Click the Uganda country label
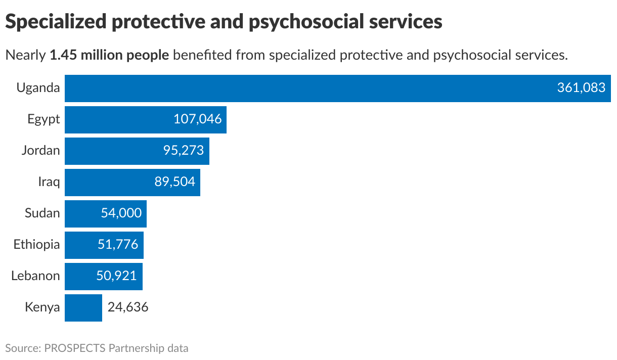point(38,88)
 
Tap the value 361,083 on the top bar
point(581,88)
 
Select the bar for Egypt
point(116,120)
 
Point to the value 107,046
point(197,120)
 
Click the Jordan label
point(40,151)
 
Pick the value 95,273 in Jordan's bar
point(183,151)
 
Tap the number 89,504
point(174,182)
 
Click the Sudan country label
point(42,213)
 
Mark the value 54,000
point(121,213)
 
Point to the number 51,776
point(117,245)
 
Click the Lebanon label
point(35,276)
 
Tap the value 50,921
point(116,276)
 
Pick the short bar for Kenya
point(83,307)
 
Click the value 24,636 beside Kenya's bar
point(127,307)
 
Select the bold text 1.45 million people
point(109,55)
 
